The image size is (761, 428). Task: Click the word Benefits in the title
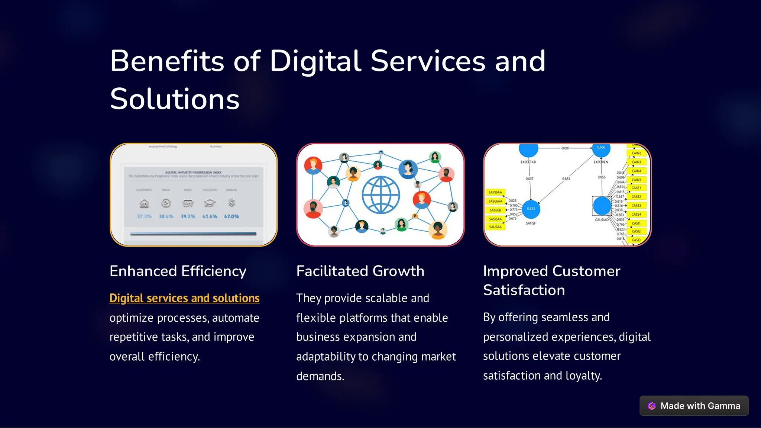[x=167, y=61]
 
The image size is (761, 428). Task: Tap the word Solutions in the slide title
[x=175, y=99]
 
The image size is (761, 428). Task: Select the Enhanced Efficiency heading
[x=178, y=271]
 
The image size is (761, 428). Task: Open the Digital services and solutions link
[x=184, y=298]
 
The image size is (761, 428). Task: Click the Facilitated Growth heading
[x=360, y=271]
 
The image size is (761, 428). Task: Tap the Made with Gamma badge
[x=694, y=406]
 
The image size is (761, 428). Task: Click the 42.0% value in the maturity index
[x=231, y=216]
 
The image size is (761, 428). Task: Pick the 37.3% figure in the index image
[x=144, y=216]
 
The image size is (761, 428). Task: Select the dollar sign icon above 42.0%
[x=231, y=202]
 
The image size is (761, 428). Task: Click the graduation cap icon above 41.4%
[x=210, y=203]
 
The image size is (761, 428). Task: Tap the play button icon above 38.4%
[x=166, y=203]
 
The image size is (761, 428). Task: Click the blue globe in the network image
[x=381, y=195]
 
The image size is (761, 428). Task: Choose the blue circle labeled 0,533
[x=531, y=209]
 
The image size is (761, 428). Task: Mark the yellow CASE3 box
[x=636, y=205]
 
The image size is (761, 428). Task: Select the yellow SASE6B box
[x=495, y=210]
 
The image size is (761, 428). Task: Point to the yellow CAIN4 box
[x=636, y=171]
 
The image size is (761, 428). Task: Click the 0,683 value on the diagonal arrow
[x=566, y=179]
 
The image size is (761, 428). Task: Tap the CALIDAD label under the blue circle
[x=602, y=220]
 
